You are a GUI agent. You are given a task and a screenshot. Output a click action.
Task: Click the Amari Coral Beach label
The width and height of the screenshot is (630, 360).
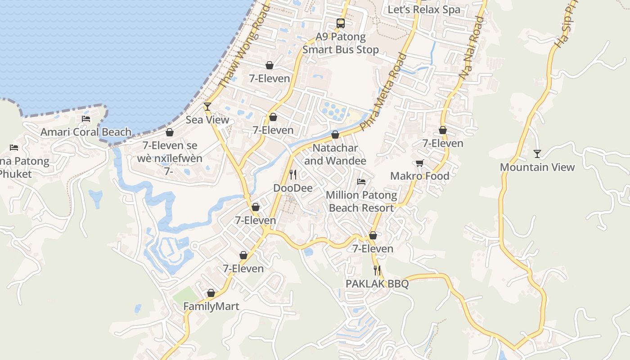[86, 132]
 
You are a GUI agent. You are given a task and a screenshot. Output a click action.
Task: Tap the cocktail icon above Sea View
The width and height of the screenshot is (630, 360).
[207, 106]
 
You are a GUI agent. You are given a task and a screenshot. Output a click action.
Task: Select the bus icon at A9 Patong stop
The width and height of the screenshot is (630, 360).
[341, 23]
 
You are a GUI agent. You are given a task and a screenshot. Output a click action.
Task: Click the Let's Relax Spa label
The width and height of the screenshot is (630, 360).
[424, 9]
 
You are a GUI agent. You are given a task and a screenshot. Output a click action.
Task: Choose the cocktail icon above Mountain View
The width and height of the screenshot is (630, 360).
[537, 154]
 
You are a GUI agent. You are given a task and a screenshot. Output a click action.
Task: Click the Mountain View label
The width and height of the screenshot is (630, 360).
[537, 167]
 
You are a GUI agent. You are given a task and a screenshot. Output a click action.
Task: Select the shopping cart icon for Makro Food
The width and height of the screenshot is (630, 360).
[419, 163]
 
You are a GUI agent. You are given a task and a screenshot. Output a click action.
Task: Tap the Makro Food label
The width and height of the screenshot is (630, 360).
[419, 176]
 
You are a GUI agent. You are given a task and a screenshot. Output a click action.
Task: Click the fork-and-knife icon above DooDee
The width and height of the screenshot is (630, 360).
[293, 174]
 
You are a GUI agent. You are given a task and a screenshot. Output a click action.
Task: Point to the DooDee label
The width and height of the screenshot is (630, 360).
[293, 188]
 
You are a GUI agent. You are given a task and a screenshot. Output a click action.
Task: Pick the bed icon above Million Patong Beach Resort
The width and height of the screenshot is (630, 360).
[361, 182]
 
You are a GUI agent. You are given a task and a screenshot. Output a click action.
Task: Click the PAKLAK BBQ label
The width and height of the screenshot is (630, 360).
[377, 284]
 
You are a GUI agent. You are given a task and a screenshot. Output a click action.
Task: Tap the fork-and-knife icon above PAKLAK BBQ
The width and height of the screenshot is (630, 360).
[377, 270]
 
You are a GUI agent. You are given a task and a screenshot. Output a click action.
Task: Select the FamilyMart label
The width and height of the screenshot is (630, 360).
[211, 306]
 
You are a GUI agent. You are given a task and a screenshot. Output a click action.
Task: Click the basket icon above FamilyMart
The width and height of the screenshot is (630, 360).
[211, 293]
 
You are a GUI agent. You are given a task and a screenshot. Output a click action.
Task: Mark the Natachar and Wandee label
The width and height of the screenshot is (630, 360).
[335, 154]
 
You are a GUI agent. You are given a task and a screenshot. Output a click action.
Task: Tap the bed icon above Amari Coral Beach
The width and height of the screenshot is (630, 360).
[86, 119]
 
